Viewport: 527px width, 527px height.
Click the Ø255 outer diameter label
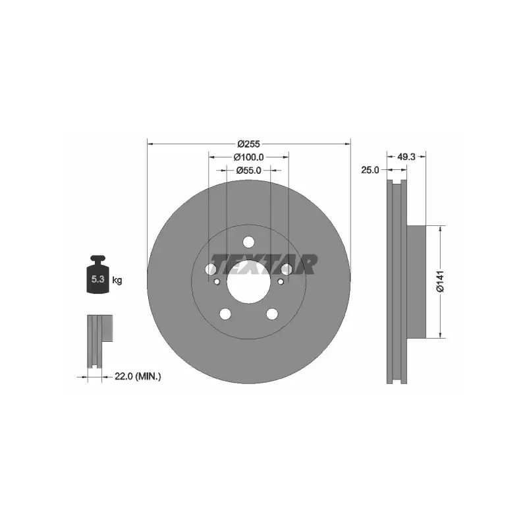(x=248, y=144)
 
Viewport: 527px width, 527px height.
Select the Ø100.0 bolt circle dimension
(x=248, y=157)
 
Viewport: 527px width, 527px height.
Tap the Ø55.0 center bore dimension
(x=248, y=171)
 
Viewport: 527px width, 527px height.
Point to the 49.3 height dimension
(x=406, y=157)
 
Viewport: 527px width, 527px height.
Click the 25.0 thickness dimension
(x=370, y=170)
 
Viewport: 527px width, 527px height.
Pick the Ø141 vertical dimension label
(x=440, y=281)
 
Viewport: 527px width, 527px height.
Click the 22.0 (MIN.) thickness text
(x=138, y=377)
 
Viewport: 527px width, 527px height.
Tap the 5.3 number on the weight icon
(x=97, y=279)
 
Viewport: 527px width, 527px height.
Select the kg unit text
(x=117, y=280)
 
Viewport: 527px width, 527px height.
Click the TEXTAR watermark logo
(x=263, y=264)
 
